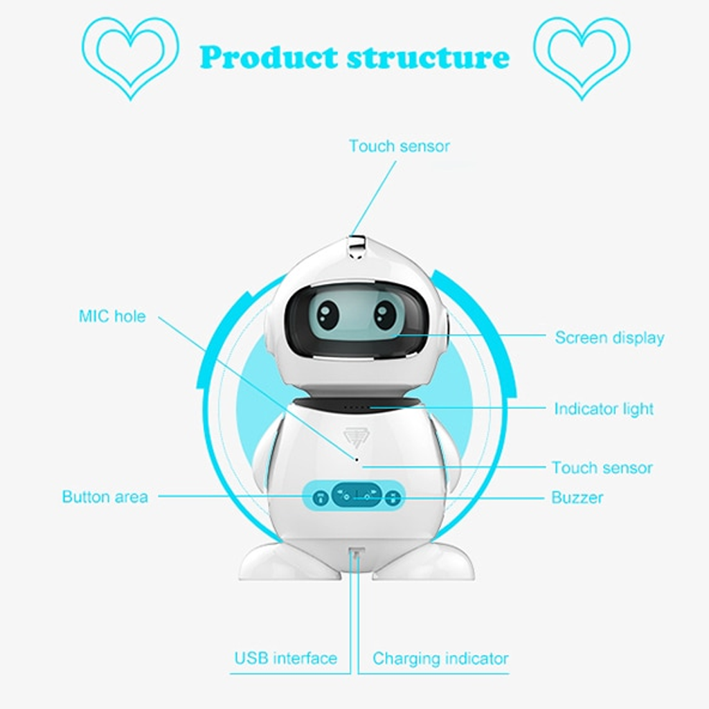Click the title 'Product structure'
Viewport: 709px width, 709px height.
(354, 57)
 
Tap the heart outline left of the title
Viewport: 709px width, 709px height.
(130, 55)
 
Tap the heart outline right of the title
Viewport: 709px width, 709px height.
(582, 55)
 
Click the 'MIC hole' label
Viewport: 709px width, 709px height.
(112, 317)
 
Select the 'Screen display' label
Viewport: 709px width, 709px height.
(609, 338)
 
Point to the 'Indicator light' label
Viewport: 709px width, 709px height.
(604, 409)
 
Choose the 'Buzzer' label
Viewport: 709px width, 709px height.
(577, 497)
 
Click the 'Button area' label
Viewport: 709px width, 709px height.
(105, 497)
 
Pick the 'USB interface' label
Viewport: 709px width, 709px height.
(285, 658)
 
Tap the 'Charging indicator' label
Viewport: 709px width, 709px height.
(440, 658)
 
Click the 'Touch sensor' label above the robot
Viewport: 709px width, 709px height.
(399, 146)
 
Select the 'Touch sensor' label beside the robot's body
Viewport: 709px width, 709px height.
(602, 467)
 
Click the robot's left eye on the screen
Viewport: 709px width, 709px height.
(327, 315)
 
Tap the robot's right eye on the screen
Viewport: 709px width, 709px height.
(385, 315)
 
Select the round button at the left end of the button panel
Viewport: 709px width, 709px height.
(319, 497)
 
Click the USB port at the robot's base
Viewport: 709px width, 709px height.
(356, 553)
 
